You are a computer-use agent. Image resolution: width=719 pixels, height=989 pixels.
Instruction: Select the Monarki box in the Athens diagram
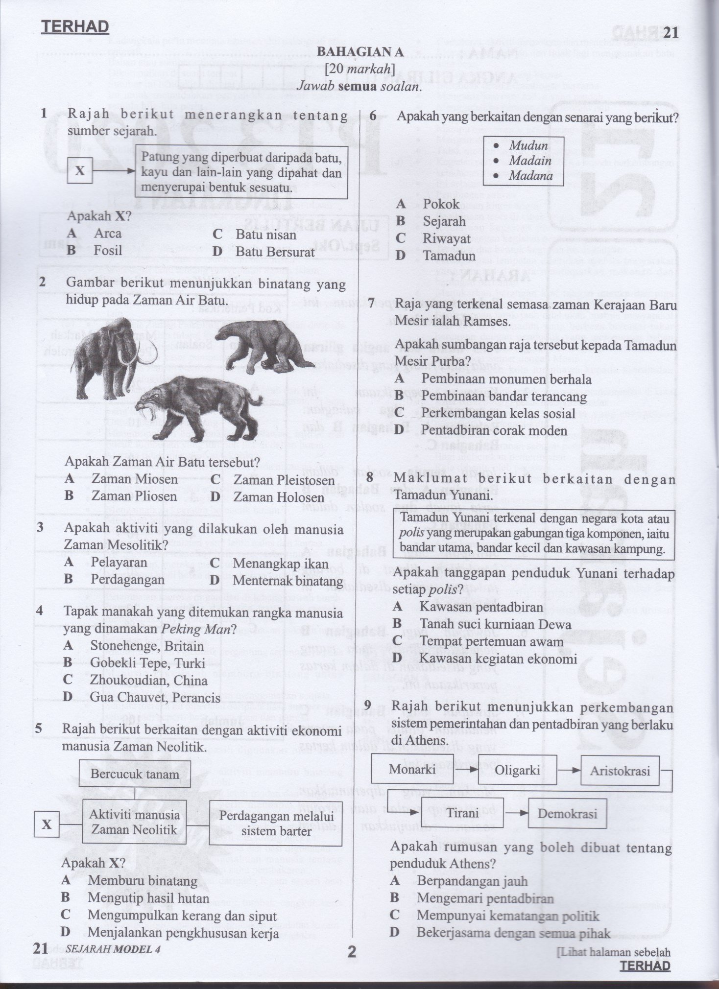(412, 769)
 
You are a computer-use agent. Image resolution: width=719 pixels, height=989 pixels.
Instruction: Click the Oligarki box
(517, 770)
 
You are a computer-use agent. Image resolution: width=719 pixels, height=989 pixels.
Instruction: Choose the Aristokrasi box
(620, 771)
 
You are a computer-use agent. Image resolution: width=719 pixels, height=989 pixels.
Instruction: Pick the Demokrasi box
(567, 814)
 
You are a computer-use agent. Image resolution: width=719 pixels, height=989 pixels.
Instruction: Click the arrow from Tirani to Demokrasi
(516, 814)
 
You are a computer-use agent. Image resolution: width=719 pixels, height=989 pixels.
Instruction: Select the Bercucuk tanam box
(134, 774)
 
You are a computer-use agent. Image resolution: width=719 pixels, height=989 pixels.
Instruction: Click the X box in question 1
(80, 171)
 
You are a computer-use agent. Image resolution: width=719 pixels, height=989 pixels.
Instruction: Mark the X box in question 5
(47, 825)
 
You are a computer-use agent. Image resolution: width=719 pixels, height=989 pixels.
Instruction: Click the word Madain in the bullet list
(530, 161)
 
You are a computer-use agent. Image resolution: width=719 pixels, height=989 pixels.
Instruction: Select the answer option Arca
(107, 233)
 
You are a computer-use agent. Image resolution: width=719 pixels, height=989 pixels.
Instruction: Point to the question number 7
(372, 304)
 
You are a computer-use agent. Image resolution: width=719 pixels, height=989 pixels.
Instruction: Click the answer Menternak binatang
(288, 581)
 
